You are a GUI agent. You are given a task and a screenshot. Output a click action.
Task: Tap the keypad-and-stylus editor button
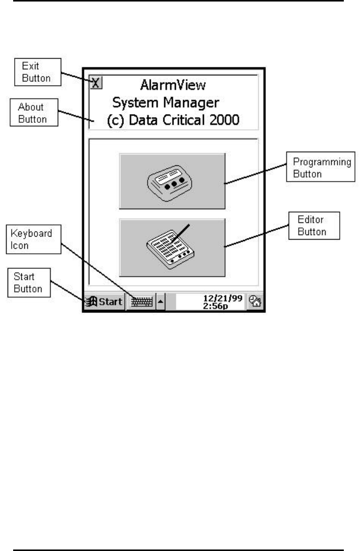pos(172,247)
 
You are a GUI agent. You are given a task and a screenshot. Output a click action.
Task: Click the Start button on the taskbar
pos(105,302)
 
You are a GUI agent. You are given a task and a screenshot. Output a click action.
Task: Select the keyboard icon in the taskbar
pos(141,302)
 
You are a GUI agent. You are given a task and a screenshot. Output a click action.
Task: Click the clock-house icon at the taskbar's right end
pos(256,302)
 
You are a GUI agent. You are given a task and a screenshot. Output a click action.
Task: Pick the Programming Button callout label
pos(322,168)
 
